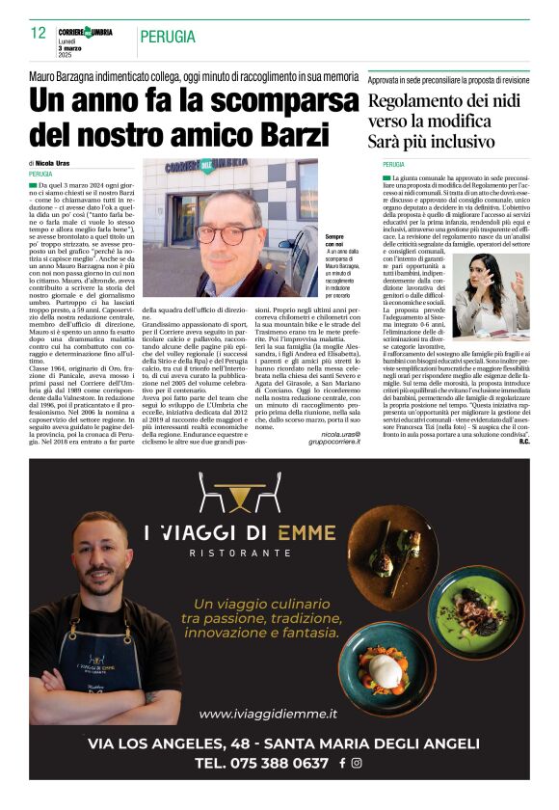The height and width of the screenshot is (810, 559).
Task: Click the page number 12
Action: (39, 33)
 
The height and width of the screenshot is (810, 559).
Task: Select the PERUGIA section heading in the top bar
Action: (168, 38)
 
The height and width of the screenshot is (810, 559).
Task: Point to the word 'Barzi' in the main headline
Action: (306, 131)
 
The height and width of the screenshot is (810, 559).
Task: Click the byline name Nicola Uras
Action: (58, 164)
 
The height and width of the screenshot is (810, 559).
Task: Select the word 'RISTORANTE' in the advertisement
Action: (226, 553)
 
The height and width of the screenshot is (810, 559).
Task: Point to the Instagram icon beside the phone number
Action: (357, 762)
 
